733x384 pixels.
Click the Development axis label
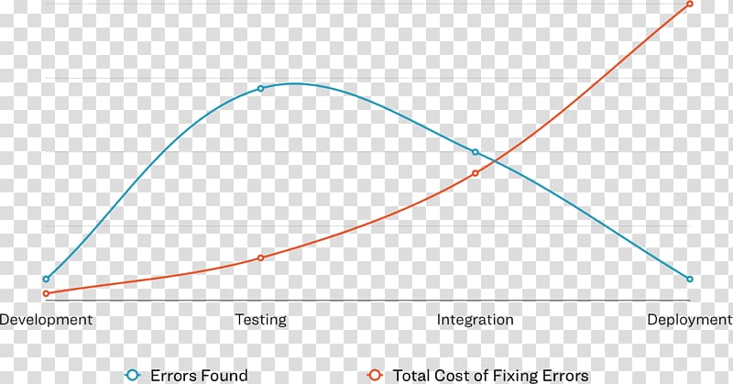click(47, 320)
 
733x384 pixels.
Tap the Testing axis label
click(261, 320)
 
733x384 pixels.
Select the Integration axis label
click(475, 320)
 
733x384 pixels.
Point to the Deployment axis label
click(689, 320)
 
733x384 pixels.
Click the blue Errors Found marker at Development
click(46, 279)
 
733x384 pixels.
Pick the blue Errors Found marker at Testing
click(261, 88)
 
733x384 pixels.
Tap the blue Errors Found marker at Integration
click(476, 152)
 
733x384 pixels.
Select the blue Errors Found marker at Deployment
click(690, 279)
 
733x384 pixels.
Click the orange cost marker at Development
click(46, 293)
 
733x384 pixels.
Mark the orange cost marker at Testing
click(261, 258)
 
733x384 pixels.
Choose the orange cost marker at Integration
click(476, 173)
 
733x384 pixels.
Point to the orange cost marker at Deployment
click(690, 5)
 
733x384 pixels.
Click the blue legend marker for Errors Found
click(133, 375)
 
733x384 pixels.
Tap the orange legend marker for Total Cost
click(374, 375)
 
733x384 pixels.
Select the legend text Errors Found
click(199, 375)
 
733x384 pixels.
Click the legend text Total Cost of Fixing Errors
click(490, 375)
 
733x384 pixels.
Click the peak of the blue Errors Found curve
click(293, 83)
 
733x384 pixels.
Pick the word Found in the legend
click(224, 375)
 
